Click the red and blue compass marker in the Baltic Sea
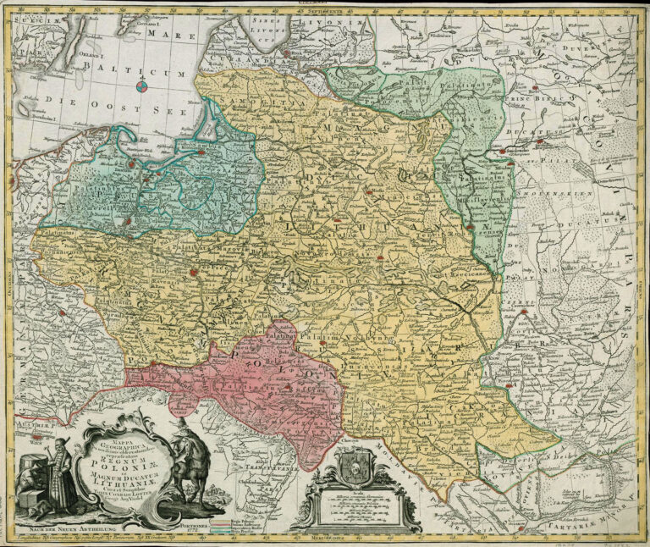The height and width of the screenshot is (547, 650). [142, 85]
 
